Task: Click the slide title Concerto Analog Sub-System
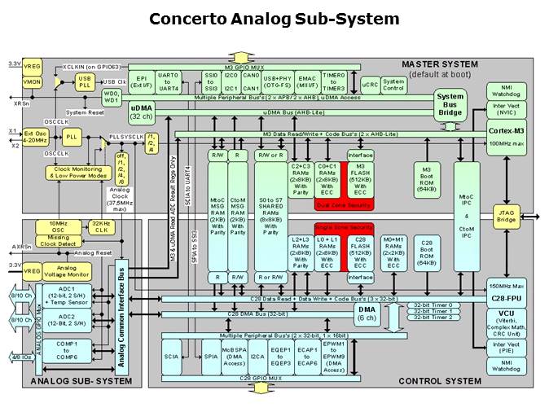click(x=274, y=18)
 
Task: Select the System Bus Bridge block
click(x=450, y=103)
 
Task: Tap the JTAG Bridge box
click(x=507, y=216)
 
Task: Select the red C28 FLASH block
click(x=361, y=248)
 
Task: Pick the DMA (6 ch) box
click(x=366, y=313)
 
